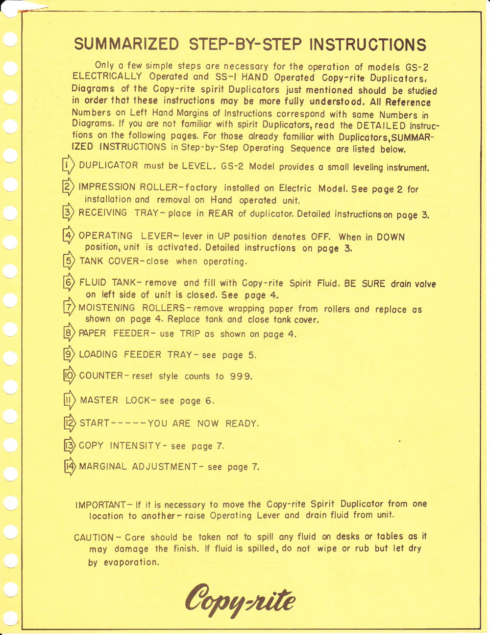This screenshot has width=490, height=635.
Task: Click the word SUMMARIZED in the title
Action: pyautogui.click(x=126, y=45)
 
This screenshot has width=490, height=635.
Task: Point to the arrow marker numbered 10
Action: pyautogui.click(x=69, y=376)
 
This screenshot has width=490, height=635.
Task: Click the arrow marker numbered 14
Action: pyautogui.click(x=70, y=466)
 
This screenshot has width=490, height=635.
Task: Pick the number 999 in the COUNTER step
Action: pyautogui.click(x=241, y=377)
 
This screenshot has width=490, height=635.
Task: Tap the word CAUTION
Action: pyautogui.click(x=95, y=537)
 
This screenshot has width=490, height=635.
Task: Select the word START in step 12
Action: pyautogui.click(x=95, y=423)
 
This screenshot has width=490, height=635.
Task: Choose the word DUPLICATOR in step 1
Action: pyautogui.click(x=108, y=166)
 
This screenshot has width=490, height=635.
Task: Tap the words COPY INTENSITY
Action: pyautogui.click(x=120, y=446)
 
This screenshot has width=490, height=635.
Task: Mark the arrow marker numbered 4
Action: pyautogui.click(x=69, y=236)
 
